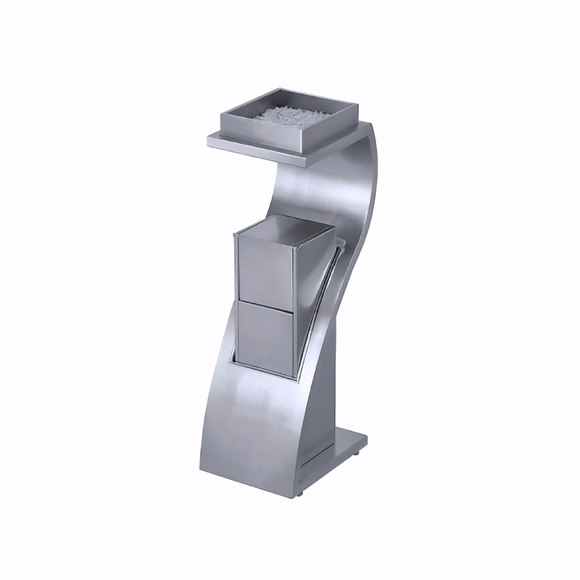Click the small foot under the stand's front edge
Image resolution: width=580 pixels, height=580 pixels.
299,494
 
